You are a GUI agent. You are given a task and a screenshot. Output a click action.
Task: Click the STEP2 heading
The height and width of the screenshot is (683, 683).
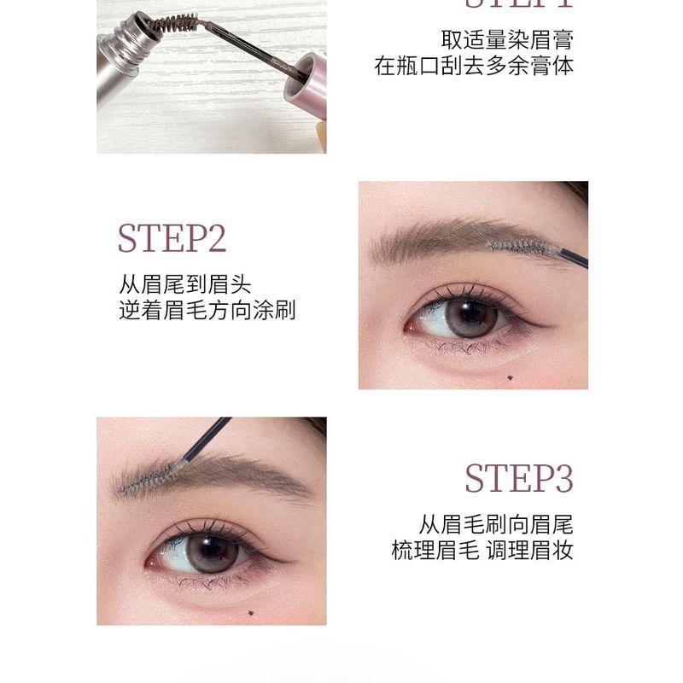tap(172, 239)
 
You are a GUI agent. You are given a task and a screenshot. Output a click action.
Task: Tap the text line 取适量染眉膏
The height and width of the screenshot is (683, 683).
tap(507, 39)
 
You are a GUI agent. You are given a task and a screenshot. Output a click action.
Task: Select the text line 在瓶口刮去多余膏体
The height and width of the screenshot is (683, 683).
tap(474, 67)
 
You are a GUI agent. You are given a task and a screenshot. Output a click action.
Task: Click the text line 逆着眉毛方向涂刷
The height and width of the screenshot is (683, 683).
tap(207, 310)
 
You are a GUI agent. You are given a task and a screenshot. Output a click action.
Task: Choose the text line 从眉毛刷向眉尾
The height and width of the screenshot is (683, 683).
tap(495, 522)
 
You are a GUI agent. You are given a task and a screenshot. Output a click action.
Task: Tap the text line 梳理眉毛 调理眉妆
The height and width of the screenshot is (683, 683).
tap(482, 550)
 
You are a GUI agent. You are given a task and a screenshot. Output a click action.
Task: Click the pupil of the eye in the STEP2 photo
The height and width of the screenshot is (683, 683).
tap(472, 318)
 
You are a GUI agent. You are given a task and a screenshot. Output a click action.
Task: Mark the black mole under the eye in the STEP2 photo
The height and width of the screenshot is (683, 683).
tap(510, 379)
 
